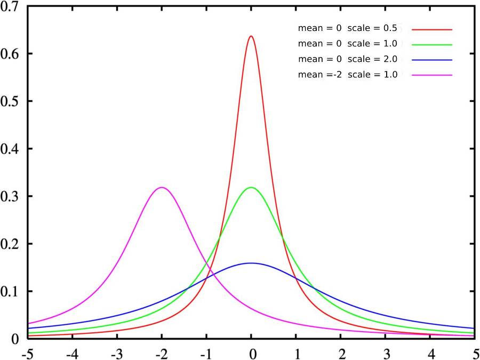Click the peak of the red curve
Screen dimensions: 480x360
[x=251, y=36]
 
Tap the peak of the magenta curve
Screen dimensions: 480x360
[x=162, y=187]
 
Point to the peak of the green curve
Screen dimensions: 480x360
[x=251, y=187]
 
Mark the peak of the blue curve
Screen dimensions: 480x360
[x=251, y=263]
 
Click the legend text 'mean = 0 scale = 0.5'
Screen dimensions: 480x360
[x=347, y=28]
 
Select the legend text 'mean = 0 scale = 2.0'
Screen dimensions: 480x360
[x=347, y=59]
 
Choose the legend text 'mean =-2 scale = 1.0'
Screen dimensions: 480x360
[x=347, y=75]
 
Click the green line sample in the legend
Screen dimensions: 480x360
[x=432, y=45]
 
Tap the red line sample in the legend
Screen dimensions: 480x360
[x=432, y=29]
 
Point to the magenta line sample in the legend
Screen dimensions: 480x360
[x=432, y=75]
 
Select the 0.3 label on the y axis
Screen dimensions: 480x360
[x=10, y=196]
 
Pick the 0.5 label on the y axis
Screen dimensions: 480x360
[x=10, y=101]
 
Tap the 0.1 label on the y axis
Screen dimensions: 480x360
[x=10, y=291]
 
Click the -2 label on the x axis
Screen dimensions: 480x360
[x=162, y=354]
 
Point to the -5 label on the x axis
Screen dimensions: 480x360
[x=28, y=354]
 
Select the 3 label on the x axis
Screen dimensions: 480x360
[x=385, y=354]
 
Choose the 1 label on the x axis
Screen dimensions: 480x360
[x=295, y=354]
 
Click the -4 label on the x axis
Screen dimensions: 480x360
[x=72, y=354]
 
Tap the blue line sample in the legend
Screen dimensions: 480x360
[x=432, y=60]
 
